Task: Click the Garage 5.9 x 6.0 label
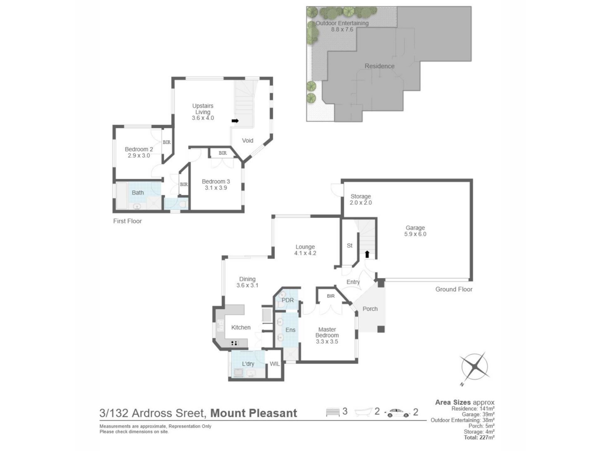coord(415,231)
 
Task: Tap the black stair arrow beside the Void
coord(235,121)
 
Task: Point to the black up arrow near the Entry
coord(367,254)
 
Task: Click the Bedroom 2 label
coord(139,152)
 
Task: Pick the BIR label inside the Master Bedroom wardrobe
coord(331,296)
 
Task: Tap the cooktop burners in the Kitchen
coord(234,343)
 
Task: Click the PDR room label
coord(288,300)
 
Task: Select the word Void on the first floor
coord(248,141)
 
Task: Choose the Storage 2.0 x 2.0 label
coord(361,200)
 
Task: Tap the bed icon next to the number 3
coord(333,412)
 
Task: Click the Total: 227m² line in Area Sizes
coord(479,438)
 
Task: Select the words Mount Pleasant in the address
coord(254,413)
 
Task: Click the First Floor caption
coord(127,221)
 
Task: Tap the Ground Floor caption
coord(454,289)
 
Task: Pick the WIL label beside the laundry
coord(275,364)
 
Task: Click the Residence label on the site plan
coord(379,66)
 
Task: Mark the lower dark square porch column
coord(381,329)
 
